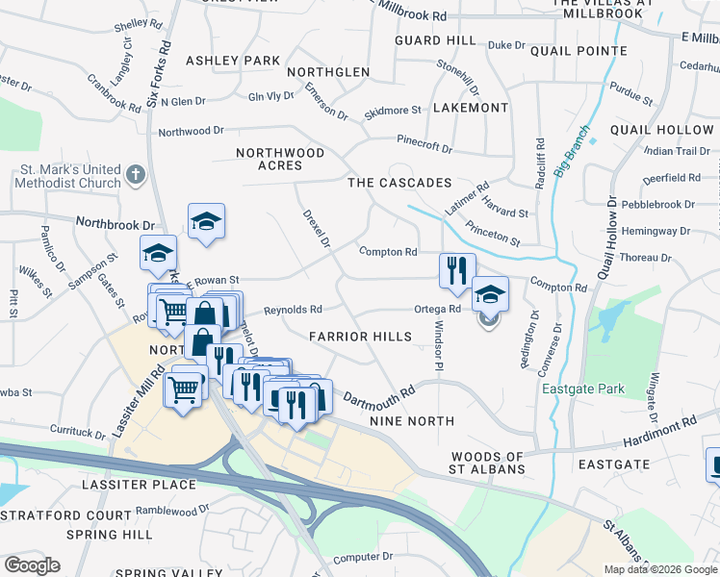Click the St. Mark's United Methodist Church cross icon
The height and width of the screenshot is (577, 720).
pos(135,176)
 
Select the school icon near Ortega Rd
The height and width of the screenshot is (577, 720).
pos(490,293)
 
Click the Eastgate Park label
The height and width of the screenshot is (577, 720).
pos(583,389)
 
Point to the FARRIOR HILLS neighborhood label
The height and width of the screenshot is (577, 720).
pos(360,337)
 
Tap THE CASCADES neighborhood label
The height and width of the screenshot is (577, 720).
pos(399,183)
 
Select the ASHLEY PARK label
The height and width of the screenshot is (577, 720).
pos(232,61)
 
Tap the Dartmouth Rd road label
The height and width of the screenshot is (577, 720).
pos(378,396)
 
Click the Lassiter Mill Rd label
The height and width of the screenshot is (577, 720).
pos(128,404)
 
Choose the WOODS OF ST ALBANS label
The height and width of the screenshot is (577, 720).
pos(487,463)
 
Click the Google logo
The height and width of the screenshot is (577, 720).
pos(32,565)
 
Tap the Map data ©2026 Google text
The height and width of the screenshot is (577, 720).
pos(659,569)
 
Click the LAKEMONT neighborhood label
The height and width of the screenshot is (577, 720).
pos(471,108)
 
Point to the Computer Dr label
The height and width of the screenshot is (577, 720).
pos(362,557)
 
